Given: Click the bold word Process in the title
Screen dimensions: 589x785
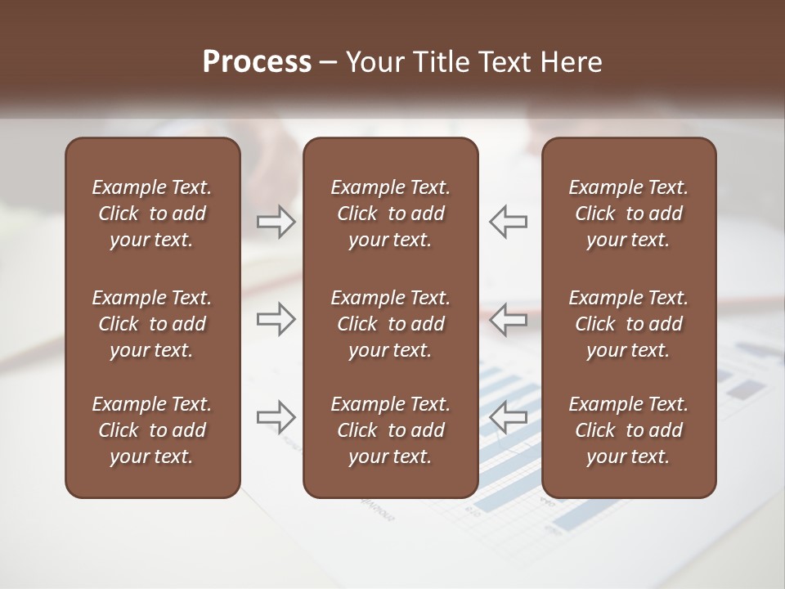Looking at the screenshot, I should tap(257, 62).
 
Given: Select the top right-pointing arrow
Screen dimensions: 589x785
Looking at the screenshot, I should tap(276, 222).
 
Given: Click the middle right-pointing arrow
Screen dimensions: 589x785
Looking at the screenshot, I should tap(276, 318).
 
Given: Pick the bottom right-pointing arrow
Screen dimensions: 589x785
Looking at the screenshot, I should tap(276, 417).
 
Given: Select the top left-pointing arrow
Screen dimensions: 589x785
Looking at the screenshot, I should tap(509, 222).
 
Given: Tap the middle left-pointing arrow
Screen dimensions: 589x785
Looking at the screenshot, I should tap(509, 318).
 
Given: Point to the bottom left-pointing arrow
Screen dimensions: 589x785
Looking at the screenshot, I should tap(509, 417).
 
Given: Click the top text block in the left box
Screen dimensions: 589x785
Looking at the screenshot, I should tap(152, 214).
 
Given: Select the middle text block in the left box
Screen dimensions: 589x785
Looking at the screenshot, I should tap(152, 324).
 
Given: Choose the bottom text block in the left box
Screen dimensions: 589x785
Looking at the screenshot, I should tap(152, 430).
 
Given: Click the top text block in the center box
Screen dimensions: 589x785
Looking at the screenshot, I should tap(391, 214).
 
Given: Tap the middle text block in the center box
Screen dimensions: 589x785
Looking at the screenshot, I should tap(391, 324).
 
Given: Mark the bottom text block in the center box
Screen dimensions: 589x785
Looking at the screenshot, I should tap(391, 430).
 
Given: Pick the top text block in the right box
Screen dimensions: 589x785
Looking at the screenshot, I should tap(629, 214).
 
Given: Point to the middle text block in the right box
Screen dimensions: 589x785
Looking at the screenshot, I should tap(629, 324).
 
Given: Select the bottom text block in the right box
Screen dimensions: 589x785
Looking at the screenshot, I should tap(629, 430).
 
